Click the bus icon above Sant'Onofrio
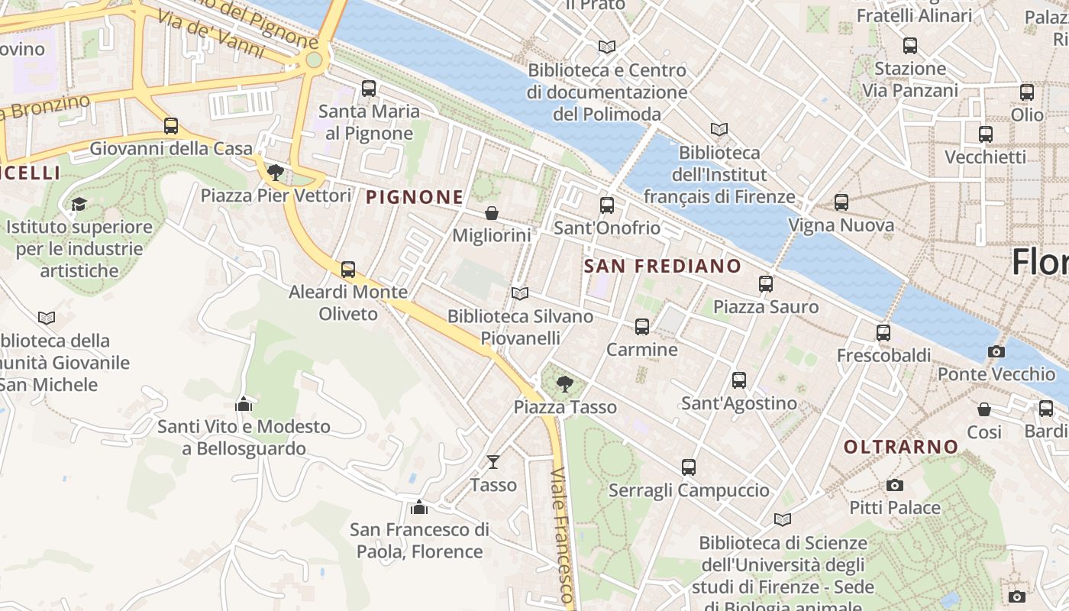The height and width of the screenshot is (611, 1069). point(607,205)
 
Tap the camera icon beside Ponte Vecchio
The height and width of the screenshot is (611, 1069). point(996,351)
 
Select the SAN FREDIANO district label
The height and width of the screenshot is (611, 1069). point(662,266)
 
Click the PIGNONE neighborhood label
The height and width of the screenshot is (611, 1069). point(415,197)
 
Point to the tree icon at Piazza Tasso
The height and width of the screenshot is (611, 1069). point(564,383)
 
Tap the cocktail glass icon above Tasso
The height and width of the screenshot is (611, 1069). point(493,461)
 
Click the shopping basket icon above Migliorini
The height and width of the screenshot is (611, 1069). point(492,212)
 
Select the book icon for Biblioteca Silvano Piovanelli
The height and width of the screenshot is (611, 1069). point(520,293)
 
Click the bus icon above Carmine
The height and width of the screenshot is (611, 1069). point(642,327)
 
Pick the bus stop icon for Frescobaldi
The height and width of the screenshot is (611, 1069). point(883,333)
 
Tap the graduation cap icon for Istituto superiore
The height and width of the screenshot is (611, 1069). point(79,204)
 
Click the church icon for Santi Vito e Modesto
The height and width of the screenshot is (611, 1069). point(244,403)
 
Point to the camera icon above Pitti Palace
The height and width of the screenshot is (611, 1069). point(895,485)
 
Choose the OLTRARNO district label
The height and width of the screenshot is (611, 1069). point(901,447)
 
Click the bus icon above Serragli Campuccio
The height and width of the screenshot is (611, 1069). point(689,467)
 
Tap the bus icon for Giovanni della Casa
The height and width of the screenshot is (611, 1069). point(171,126)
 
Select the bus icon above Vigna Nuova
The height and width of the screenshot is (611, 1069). point(841,202)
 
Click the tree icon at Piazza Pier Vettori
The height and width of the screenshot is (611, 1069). point(276,173)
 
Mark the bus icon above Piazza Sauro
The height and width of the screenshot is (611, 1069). point(766,284)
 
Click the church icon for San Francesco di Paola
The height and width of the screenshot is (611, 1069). point(419,506)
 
